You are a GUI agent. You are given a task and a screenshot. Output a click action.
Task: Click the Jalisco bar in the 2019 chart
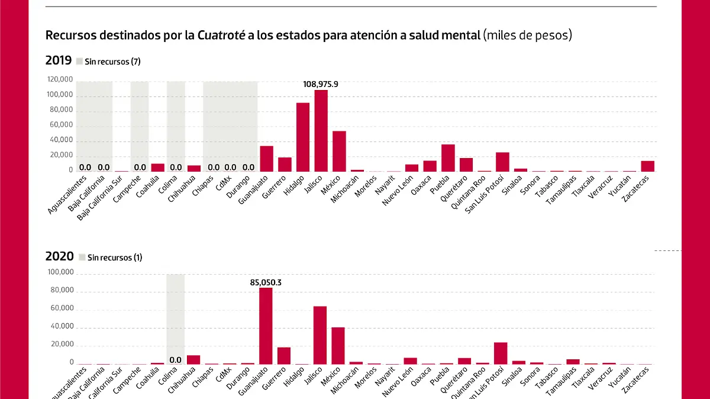321,130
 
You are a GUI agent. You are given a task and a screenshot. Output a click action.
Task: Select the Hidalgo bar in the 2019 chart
303,137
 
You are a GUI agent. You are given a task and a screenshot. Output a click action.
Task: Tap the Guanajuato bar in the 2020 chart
266,326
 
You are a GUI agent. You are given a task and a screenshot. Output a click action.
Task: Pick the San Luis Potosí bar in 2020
501,353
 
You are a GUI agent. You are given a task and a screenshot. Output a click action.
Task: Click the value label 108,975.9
321,84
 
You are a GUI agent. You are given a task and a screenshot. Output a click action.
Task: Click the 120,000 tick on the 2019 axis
59,79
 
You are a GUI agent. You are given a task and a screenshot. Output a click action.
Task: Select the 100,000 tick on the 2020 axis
59,272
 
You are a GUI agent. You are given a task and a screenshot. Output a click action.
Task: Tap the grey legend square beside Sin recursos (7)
80,61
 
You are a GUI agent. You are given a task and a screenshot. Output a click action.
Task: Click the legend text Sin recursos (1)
115,258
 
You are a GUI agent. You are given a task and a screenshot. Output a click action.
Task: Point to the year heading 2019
58,60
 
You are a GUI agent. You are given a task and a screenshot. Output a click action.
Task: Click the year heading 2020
58,257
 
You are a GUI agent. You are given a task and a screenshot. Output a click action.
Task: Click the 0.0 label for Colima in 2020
176,360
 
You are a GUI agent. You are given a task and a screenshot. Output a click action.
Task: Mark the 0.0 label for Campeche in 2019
140,168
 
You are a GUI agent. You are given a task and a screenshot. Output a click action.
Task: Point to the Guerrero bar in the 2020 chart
284,355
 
